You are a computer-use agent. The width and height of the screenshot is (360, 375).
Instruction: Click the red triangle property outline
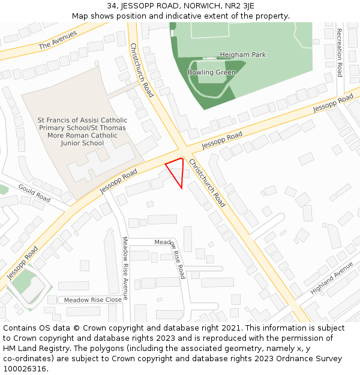[x=176, y=172]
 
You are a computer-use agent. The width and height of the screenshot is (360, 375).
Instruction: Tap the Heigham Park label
[x=242, y=55]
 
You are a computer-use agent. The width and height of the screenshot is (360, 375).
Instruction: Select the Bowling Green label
[x=211, y=73]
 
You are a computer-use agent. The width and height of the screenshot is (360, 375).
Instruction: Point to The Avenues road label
[x=58, y=40]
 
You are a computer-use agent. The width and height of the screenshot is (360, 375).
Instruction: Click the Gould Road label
[x=34, y=192]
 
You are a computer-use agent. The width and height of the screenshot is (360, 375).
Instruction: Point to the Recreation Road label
[x=339, y=53]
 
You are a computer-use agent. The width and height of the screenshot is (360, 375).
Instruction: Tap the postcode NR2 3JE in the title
[x=239, y=6]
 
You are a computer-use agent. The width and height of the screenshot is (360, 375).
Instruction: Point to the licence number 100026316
[x=25, y=368]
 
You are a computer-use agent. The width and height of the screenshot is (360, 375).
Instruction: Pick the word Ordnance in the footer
[x=295, y=358]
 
